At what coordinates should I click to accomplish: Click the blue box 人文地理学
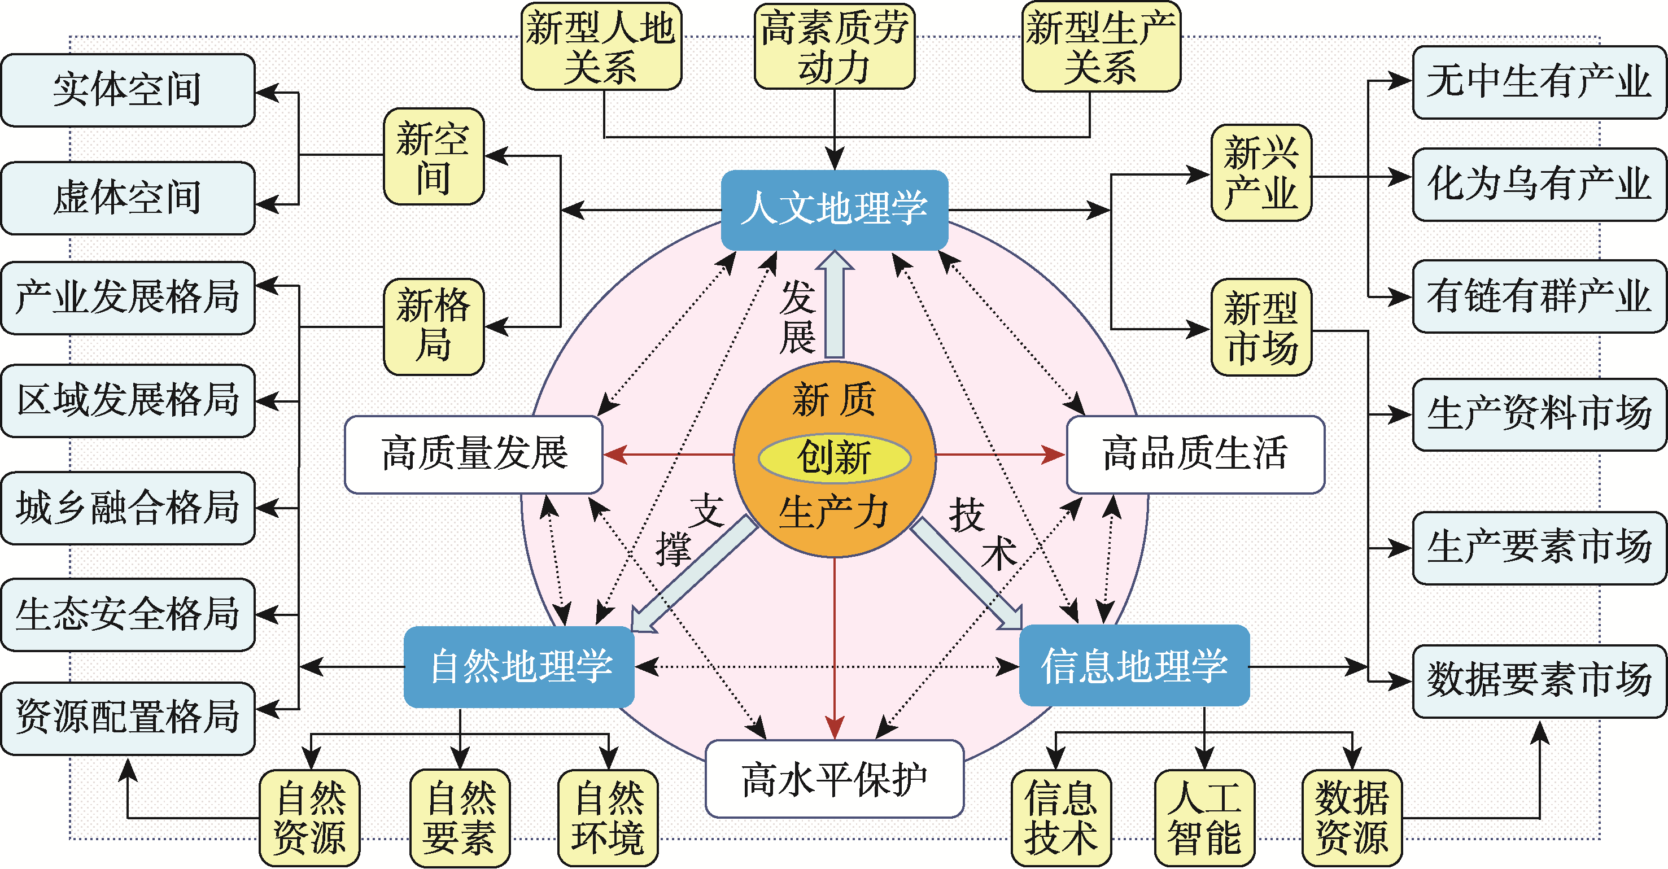pyautogui.click(x=835, y=210)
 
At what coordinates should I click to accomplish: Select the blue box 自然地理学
pyautogui.click(x=519, y=667)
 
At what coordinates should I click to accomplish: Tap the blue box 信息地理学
pyautogui.click(x=1134, y=666)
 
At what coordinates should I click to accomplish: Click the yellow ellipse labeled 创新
pyautogui.click(x=835, y=458)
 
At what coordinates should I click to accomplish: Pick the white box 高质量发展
pyautogui.click(x=474, y=455)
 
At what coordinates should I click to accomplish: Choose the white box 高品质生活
pyautogui.click(x=1195, y=455)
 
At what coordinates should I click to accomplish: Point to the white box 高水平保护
pyautogui.click(x=835, y=779)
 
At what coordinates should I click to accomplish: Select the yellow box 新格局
pyautogui.click(x=434, y=327)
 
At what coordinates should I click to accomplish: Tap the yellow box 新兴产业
pyautogui.click(x=1261, y=173)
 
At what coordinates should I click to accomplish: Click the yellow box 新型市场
pyautogui.click(x=1261, y=327)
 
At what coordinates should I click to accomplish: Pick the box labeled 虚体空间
pyautogui.click(x=128, y=198)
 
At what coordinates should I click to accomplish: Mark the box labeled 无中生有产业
pyautogui.click(x=1539, y=82)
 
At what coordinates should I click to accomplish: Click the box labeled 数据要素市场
pyautogui.click(x=1539, y=681)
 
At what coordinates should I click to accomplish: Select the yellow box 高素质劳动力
pyautogui.click(x=835, y=47)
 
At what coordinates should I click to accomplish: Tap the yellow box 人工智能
pyautogui.click(x=1204, y=818)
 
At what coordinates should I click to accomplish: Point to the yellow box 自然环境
pyautogui.click(x=608, y=818)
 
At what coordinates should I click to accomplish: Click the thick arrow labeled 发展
pyautogui.click(x=835, y=304)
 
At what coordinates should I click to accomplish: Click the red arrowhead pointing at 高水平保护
pyautogui.click(x=835, y=728)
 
